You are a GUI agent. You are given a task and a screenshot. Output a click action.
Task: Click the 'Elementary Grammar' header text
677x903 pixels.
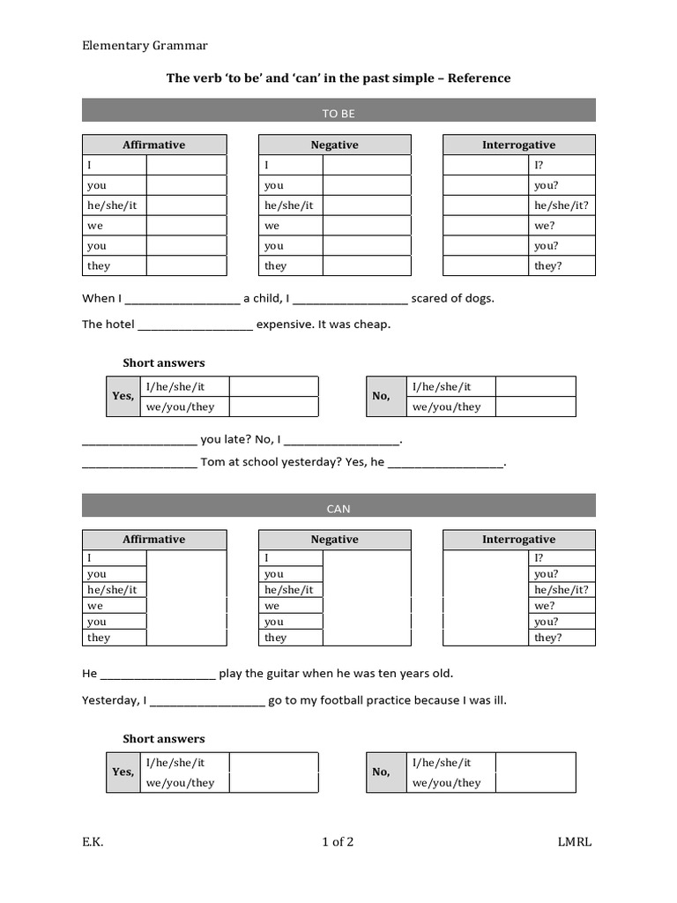click(145, 46)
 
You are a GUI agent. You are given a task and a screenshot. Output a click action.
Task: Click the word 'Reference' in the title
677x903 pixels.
click(479, 78)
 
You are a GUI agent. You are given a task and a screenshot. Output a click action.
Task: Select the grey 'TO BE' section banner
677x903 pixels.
click(338, 113)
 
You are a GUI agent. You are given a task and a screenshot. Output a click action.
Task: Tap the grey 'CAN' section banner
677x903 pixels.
click(338, 508)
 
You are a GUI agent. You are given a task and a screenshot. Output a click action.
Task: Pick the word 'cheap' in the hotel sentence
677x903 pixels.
click(371, 325)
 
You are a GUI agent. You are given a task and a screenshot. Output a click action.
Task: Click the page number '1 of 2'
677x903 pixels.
click(338, 842)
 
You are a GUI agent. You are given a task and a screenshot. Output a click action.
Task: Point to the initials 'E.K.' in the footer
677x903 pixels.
click(93, 842)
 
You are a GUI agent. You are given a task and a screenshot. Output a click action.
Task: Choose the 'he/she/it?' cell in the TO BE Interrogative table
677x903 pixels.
click(562, 205)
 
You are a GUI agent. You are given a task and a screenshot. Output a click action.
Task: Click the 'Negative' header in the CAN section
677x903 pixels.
click(334, 540)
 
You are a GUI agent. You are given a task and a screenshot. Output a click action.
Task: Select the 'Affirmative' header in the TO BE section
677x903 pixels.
click(153, 145)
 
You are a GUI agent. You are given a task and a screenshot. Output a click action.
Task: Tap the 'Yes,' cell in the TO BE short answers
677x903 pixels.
click(123, 397)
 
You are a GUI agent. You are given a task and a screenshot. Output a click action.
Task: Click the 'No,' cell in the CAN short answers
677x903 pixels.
click(381, 772)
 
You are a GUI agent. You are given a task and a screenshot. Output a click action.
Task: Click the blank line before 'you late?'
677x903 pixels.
click(139, 440)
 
